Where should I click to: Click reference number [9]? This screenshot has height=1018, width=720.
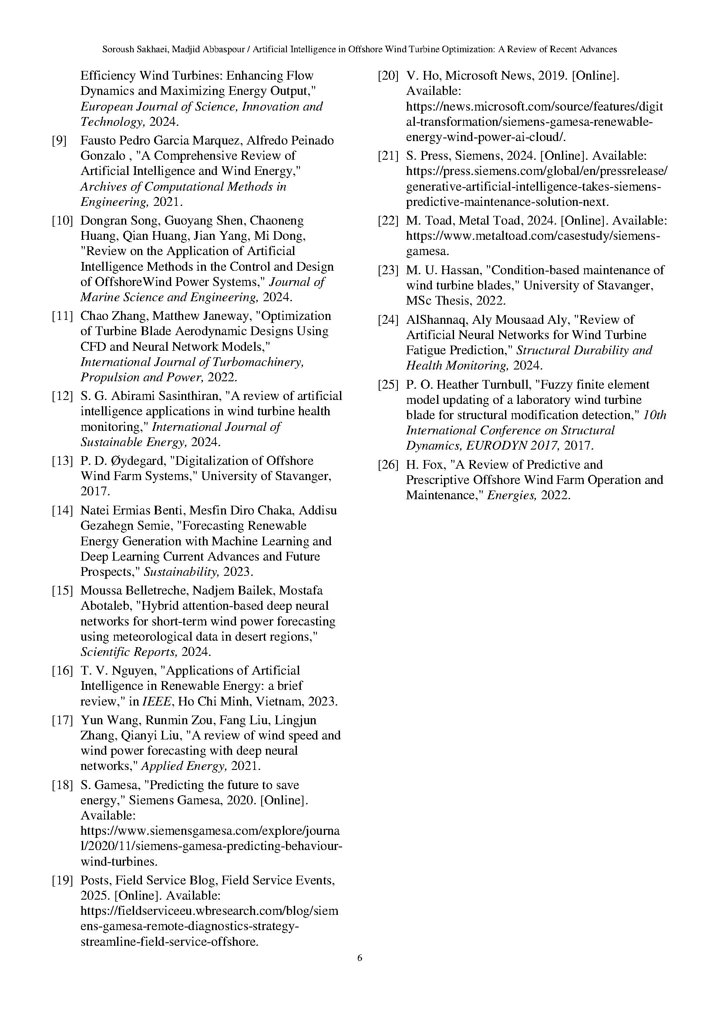(x=59, y=141)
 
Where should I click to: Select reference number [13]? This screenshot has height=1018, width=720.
(x=62, y=461)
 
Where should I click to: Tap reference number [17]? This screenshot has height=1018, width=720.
(x=62, y=720)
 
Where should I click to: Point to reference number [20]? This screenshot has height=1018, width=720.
(x=388, y=76)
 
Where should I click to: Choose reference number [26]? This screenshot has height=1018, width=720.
(x=388, y=465)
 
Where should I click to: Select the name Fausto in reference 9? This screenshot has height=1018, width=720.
(x=94, y=141)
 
